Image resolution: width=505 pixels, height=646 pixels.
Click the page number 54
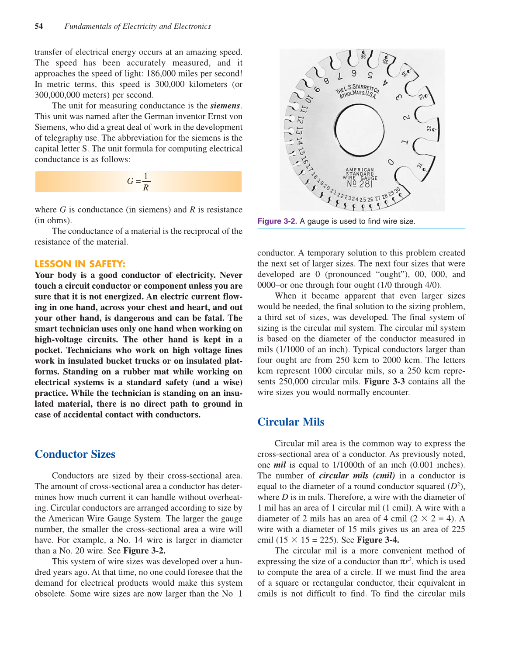39,26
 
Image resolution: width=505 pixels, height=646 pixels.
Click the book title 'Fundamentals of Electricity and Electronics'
138,26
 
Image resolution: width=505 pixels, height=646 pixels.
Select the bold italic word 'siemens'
225,106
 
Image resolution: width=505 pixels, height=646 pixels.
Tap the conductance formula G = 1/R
138,182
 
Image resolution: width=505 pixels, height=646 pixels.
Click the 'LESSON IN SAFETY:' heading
80,264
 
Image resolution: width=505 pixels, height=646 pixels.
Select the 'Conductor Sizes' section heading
75,454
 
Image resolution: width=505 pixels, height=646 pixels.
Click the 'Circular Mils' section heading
291,422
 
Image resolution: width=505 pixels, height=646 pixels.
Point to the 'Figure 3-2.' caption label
277,221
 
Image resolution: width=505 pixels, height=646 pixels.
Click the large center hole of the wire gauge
360,130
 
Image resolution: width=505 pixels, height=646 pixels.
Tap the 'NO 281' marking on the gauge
360,184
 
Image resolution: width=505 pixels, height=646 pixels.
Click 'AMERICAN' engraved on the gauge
360,170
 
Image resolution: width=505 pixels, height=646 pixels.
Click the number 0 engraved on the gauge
391,162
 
